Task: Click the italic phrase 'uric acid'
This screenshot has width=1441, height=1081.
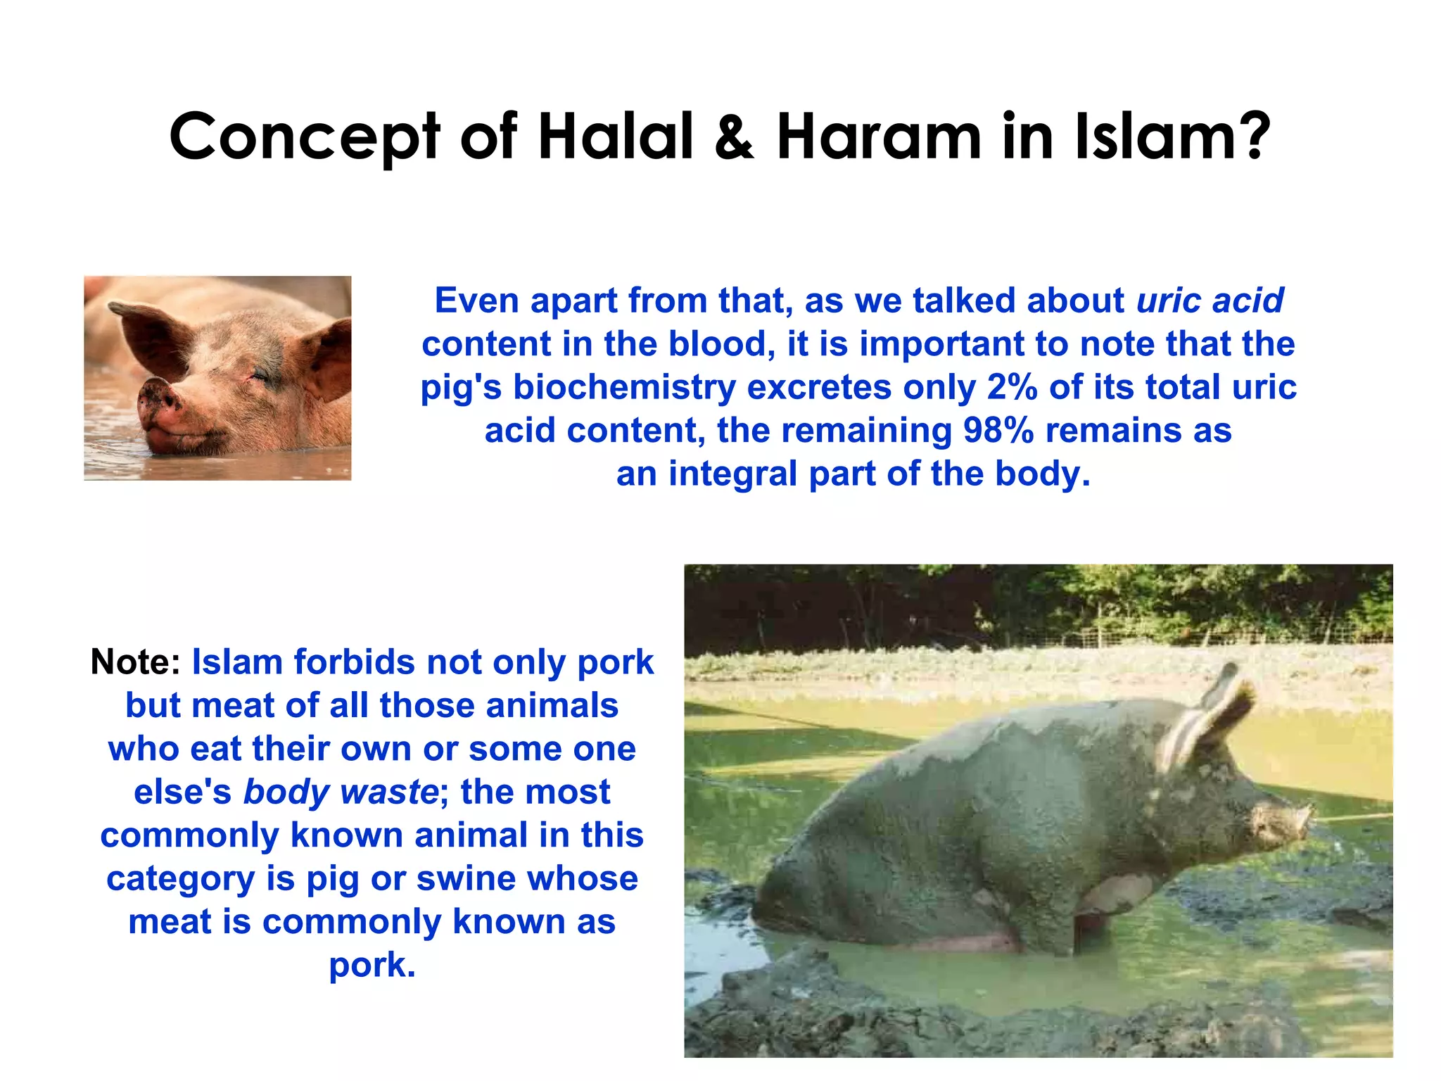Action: click(x=1210, y=301)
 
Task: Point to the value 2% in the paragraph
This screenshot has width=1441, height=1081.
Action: click(x=1012, y=387)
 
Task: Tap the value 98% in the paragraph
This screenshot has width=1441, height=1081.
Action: click(x=998, y=430)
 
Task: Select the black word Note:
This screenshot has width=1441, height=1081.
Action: click(x=136, y=662)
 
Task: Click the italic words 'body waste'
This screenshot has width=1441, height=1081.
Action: click(x=341, y=792)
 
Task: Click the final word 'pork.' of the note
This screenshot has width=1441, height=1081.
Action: click(x=372, y=965)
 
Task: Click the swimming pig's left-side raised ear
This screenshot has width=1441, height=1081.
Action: click(x=148, y=331)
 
